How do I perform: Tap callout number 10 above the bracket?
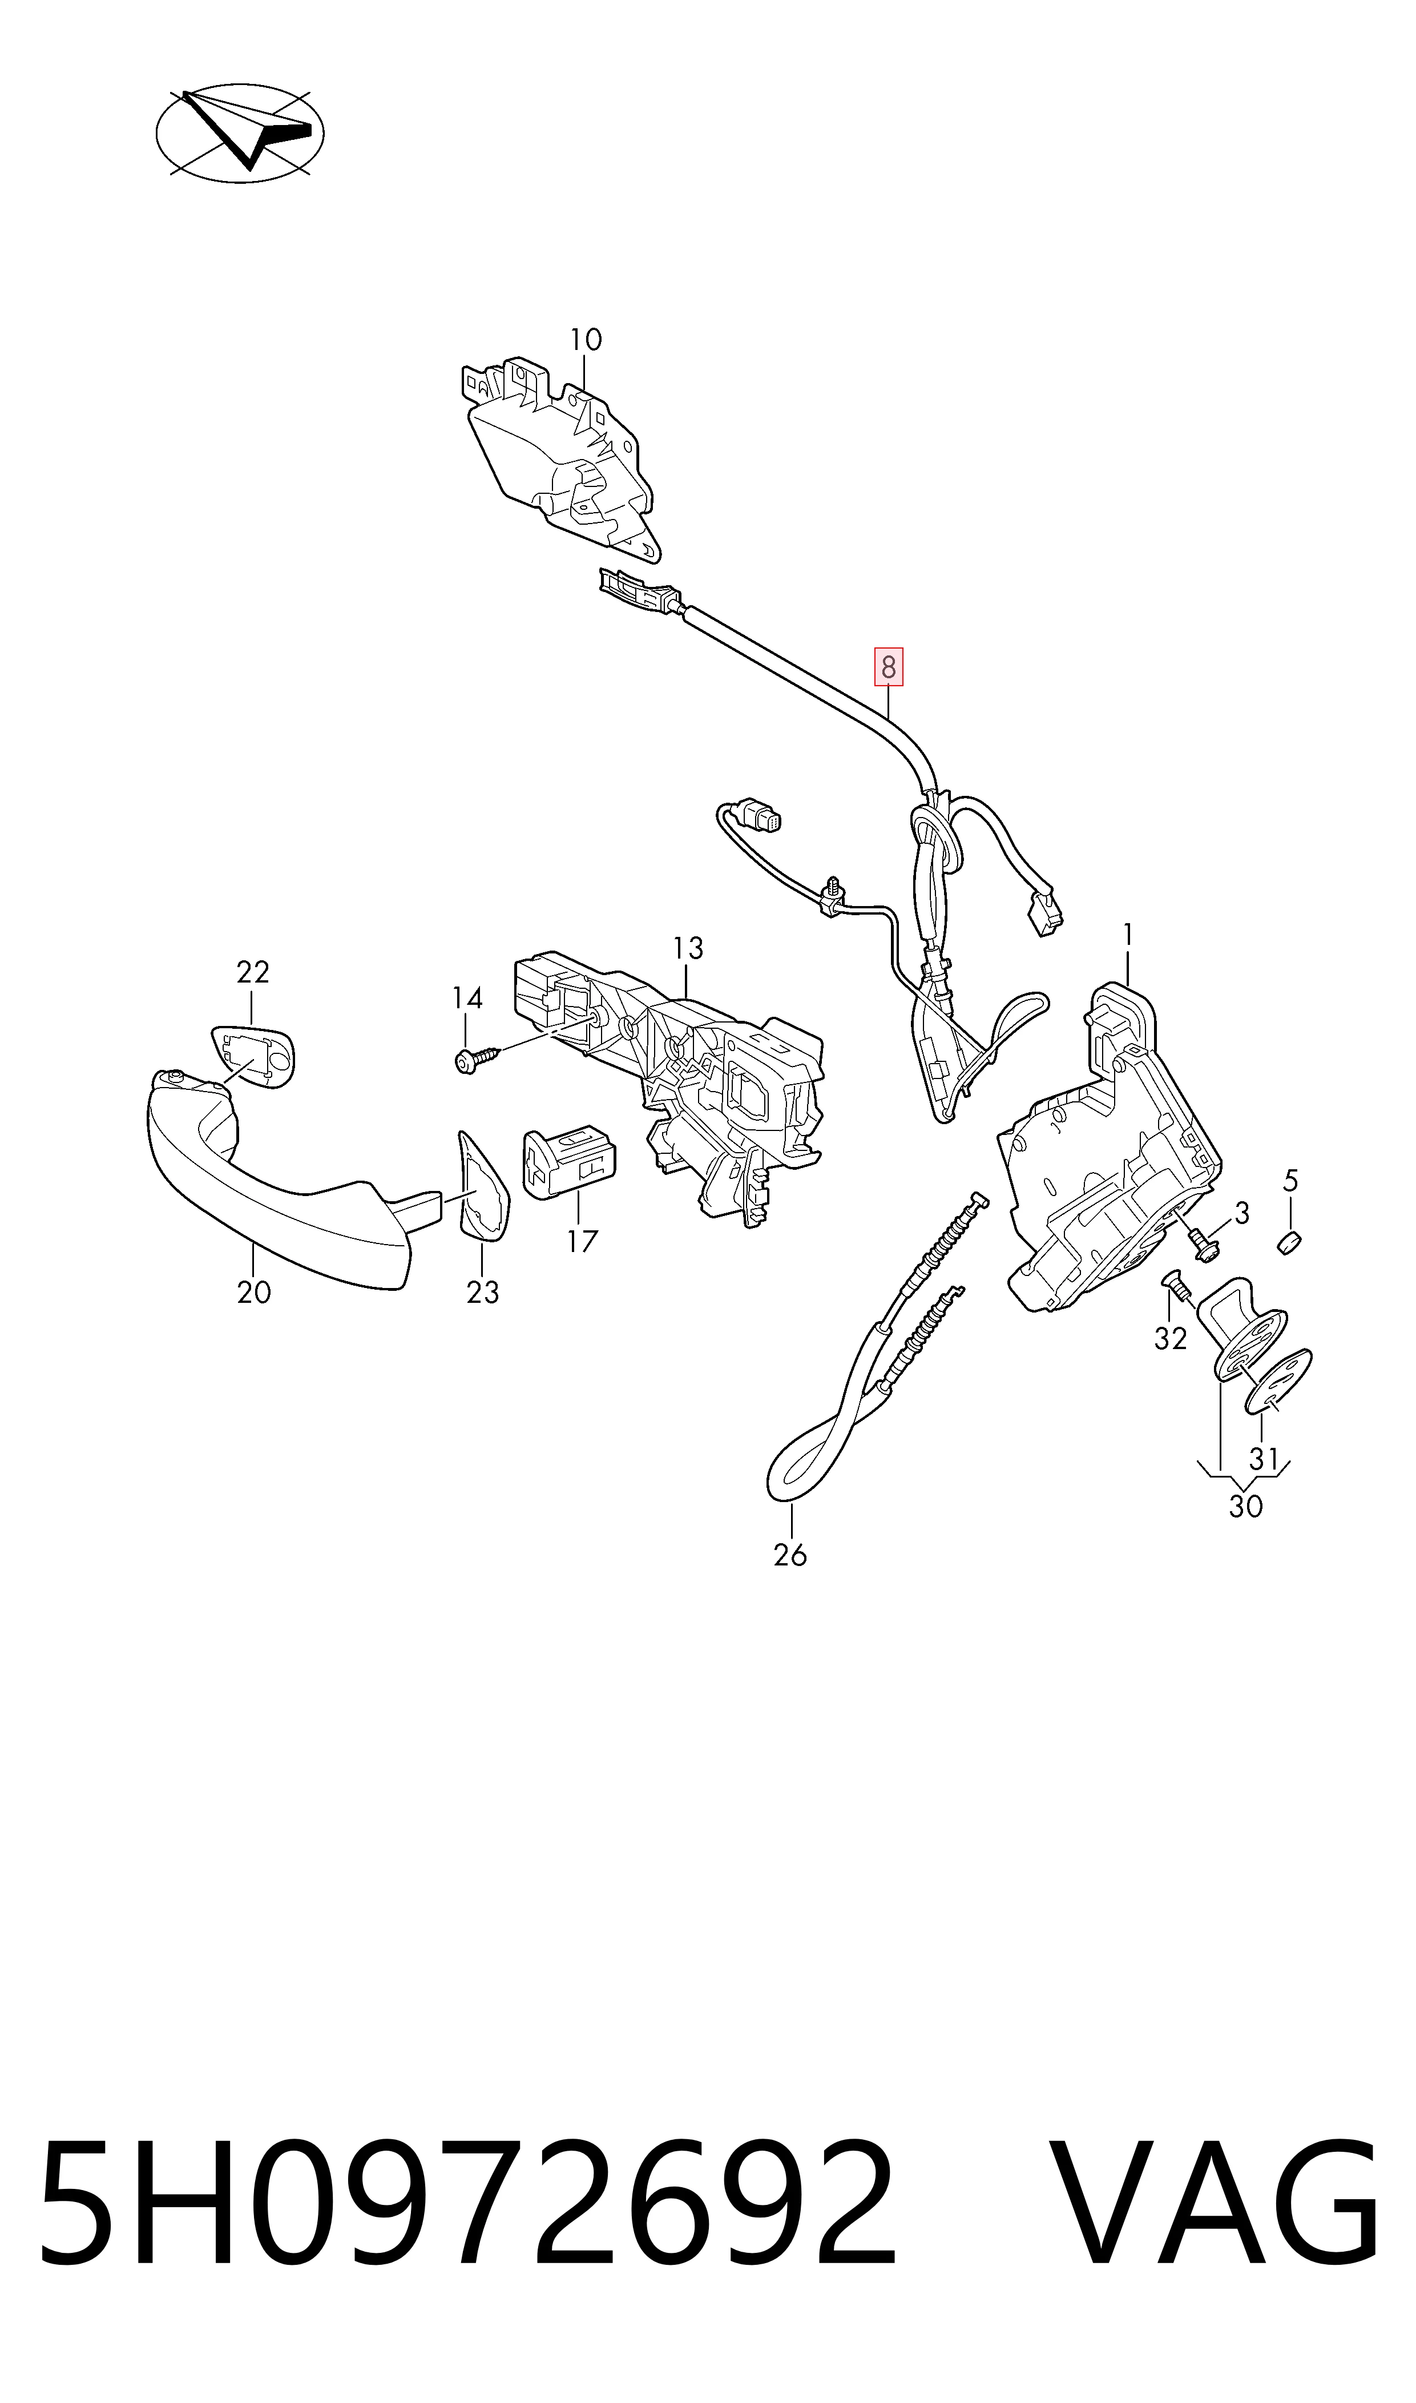click(586, 340)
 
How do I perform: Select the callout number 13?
click(687, 949)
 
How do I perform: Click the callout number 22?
click(253, 972)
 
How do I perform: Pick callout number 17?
click(582, 1242)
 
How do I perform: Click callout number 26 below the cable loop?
click(790, 1556)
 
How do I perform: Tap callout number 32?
click(1171, 1339)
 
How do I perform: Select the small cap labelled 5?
click(1289, 1243)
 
